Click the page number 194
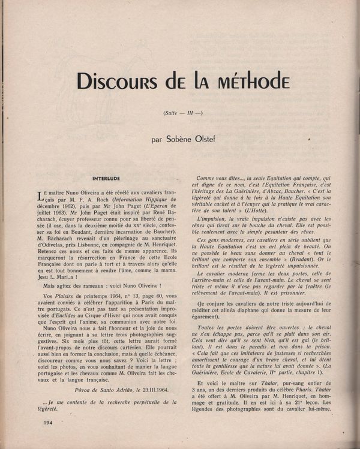(x=50, y=423)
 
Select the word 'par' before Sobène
(x=157, y=140)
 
